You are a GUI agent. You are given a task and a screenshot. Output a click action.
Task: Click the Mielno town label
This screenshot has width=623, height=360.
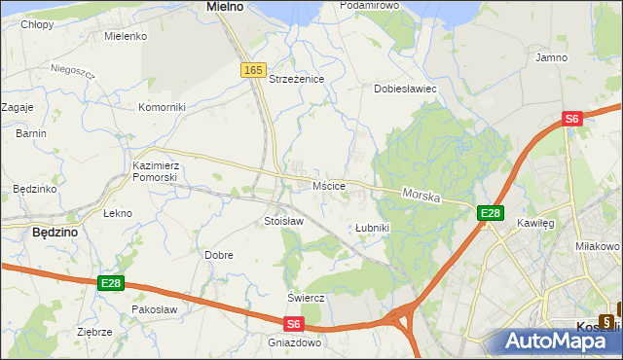point(225,7)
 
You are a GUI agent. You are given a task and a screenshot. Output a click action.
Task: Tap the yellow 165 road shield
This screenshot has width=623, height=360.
point(253,70)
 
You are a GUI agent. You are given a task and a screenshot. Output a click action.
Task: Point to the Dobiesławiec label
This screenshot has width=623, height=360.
point(405,89)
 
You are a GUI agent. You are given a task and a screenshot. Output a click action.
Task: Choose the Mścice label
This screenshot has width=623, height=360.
point(329,185)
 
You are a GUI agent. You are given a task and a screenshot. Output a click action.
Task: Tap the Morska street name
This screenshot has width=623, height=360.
point(421,197)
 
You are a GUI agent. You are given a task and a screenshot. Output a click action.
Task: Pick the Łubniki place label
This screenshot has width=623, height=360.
point(372,228)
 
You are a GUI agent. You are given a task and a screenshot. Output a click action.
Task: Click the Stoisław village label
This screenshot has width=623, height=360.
point(284,222)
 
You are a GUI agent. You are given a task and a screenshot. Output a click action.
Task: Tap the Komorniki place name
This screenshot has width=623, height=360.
point(162,107)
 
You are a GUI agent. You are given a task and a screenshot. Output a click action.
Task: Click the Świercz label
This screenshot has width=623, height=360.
point(305,298)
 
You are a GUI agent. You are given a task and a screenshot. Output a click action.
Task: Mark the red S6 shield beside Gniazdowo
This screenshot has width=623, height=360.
point(295,325)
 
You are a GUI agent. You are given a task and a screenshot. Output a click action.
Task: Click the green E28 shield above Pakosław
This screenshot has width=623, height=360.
point(111,283)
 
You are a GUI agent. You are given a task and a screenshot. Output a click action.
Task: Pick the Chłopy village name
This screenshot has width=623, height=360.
point(37,25)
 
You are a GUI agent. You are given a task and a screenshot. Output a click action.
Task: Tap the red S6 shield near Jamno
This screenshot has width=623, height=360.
point(571,119)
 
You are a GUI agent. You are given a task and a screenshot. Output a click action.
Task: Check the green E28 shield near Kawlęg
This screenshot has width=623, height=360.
point(490,214)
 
